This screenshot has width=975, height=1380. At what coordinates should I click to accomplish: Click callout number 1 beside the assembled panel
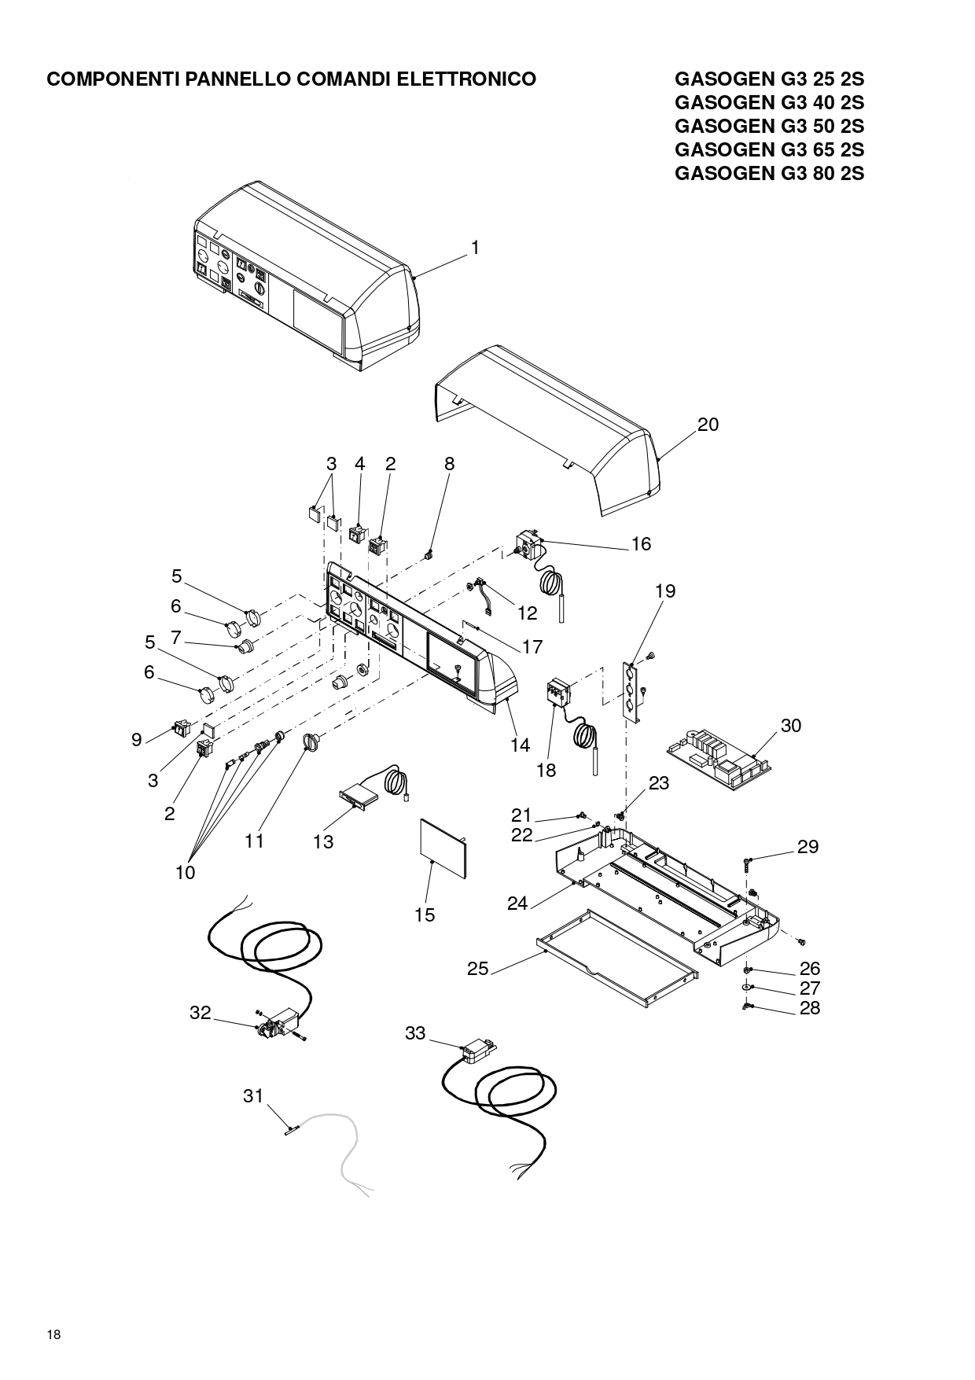475,248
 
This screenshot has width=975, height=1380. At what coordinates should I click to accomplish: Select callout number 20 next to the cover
708,425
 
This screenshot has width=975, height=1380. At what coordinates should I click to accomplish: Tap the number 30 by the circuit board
791,726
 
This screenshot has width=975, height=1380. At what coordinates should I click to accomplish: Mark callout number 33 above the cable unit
415,1033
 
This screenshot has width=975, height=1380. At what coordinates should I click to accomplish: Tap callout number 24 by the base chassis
517,904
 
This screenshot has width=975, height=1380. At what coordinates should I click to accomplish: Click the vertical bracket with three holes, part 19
631,690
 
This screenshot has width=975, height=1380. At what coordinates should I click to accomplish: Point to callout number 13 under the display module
323,842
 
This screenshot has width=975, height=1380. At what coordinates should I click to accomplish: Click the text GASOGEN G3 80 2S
769,174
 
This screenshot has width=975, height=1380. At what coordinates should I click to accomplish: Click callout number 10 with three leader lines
186,873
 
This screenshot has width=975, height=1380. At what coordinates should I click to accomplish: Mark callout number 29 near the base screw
808,847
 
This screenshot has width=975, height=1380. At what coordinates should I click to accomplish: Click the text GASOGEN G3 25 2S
769,79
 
